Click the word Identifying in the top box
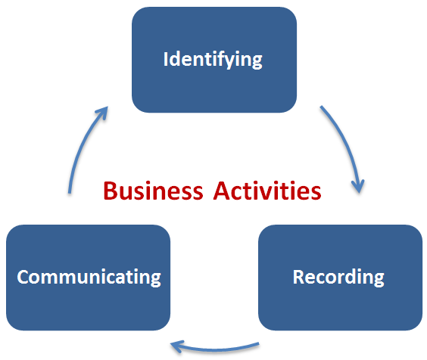tap(213, 59)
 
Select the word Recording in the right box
tap(338, 276)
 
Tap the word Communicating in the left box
tap(89, 276)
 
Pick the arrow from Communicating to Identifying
tap(82, 147)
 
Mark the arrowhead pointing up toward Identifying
tap(101, 113)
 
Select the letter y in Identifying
tap(246, 61)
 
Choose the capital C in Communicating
tap(23, 276)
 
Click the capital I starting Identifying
tap(167, 59)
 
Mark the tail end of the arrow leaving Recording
tap(258, 344)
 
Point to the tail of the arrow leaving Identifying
tap(322, 107)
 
